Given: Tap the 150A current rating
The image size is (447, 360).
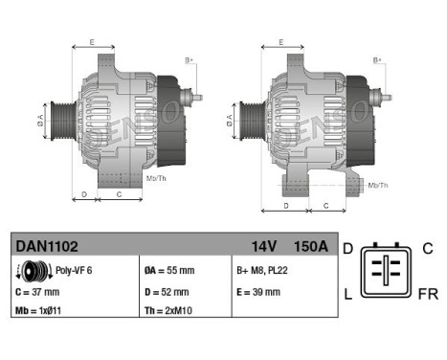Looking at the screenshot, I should pos(310,246).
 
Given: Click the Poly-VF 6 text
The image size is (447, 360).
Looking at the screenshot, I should pos(74,271).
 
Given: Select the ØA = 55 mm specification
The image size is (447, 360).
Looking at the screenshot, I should pos(168,271).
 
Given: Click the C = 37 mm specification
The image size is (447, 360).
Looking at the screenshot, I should pos(37,291).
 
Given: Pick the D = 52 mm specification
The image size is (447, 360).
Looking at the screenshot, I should pos(166,291).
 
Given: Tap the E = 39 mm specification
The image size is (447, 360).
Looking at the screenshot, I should pos(259,291).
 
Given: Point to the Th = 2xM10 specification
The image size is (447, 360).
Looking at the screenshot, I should pos(169,311).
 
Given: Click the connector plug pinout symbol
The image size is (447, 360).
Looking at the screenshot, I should pos(388,272).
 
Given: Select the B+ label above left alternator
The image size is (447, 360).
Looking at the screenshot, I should pos(190,59).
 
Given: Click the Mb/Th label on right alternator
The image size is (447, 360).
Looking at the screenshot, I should pos(378,185).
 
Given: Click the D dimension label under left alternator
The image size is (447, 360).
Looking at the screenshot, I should pos(83,194).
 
